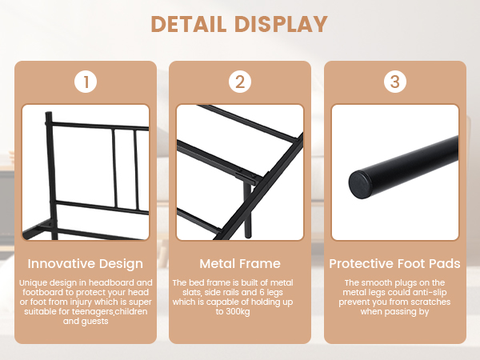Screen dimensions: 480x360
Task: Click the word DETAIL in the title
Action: click(189, 24)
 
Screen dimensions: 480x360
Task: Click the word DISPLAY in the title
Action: click(282, 24)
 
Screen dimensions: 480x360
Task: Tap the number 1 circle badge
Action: click(86, 82)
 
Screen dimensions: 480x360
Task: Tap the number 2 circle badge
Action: click(240, 82)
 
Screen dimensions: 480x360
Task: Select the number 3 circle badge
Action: click(395, 82)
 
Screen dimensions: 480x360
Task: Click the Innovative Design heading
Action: click(86, 263)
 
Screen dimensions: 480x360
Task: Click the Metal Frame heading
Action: click(240, 263)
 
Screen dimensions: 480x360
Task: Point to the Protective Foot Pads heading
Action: click(395, 263)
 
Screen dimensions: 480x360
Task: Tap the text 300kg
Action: click(238, 312)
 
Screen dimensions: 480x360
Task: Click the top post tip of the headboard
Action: click(48, 114)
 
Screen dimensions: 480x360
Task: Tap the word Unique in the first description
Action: click(33, 283)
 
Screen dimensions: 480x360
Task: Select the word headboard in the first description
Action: click(110, 282)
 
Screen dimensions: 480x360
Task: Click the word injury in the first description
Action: click(81, 302)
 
